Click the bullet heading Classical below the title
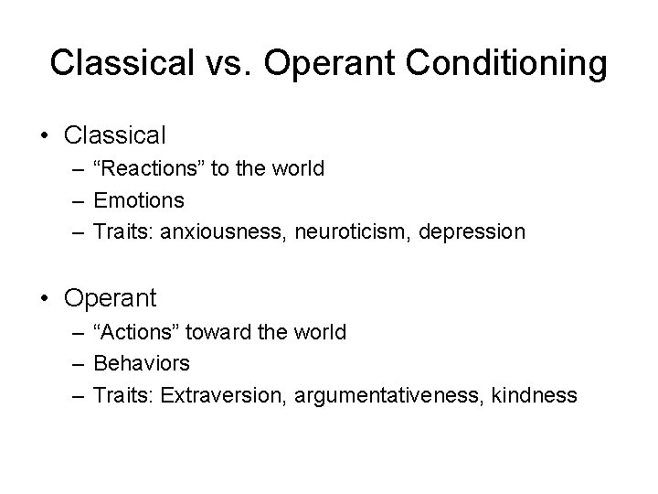pos(115,136)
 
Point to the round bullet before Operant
pos(46,298)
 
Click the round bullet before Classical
pos(46,136)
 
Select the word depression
pos(472,231)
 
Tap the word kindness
pos(534,394)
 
